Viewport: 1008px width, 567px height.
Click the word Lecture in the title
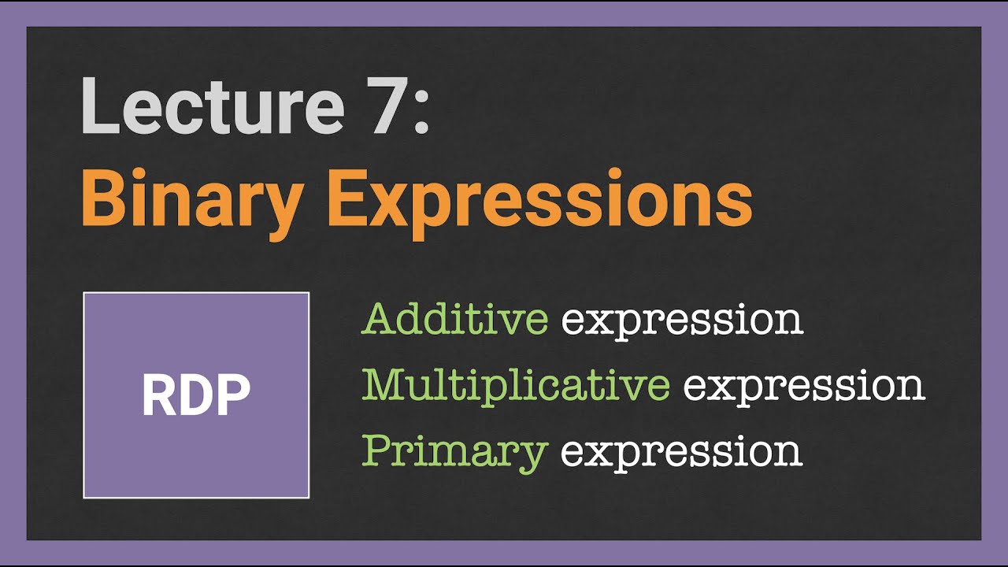click(213, 106)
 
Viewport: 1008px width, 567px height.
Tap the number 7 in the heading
click(382, 106)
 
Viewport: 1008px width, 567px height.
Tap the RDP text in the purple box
click(196, 395)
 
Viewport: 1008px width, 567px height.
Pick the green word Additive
click(454, 319)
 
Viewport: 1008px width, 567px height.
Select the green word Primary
click(455, 453)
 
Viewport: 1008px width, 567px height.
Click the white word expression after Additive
click(682, 322)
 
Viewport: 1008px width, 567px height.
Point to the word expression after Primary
click(682, 454)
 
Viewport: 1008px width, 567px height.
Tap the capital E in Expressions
click(350, 197)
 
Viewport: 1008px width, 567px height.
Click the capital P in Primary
click(379, 450)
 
